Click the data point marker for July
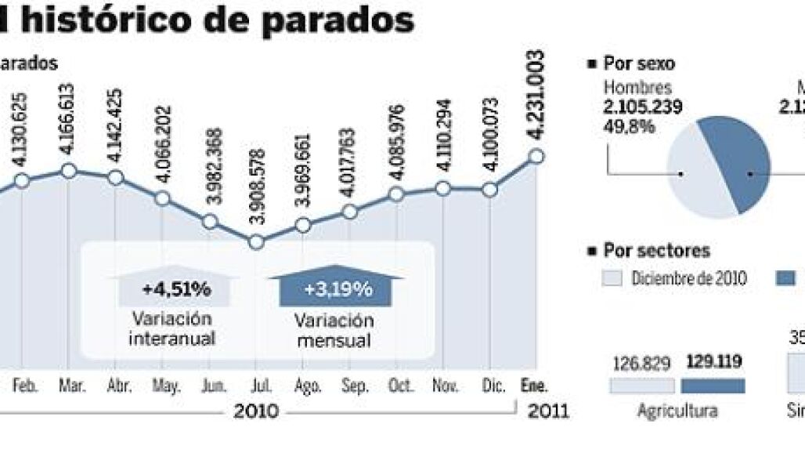tap(255, 242)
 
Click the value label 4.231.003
tap(536, 84)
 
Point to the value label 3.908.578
tap(255, 190)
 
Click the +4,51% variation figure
tap(176, 290)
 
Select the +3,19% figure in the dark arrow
tap(338, 290)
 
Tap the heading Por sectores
tap(656, 251)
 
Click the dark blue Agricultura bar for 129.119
tap(713, 386)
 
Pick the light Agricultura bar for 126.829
tap(642, 386)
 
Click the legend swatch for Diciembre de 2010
tap(612, 278)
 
